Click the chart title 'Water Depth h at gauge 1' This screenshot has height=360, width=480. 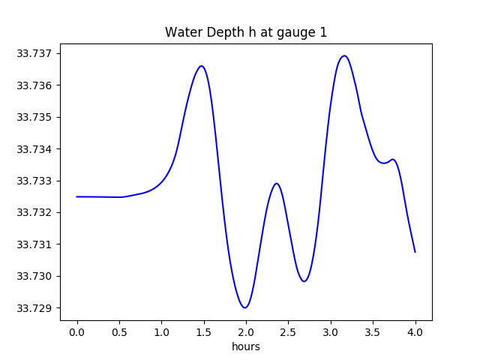[x=246, y=32]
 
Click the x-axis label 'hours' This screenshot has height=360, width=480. [x=246, y=346]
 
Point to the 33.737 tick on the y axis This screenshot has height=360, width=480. [x=34, y=54]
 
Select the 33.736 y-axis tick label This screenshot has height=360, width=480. [x=34, y=85]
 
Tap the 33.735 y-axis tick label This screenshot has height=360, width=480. [x=34, y=118]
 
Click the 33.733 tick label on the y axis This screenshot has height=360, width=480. [x=34, y=181]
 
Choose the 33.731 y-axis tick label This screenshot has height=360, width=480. [x=34, y=244]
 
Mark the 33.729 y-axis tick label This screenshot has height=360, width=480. [x=34, y=308]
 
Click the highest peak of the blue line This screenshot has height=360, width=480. [x=344, y=55]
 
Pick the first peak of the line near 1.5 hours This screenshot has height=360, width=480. [x=201, y=66]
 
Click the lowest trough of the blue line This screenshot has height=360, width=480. [x=244, y=307]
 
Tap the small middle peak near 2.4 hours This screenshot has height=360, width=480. [x=277, y=183]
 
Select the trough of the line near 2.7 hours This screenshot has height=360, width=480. [x=304, y=281]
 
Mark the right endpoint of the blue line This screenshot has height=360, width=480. [x=415, y=252]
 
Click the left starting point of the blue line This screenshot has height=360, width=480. [x=77, y=196]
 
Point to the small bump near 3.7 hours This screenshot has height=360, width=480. [x=393, y=159]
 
